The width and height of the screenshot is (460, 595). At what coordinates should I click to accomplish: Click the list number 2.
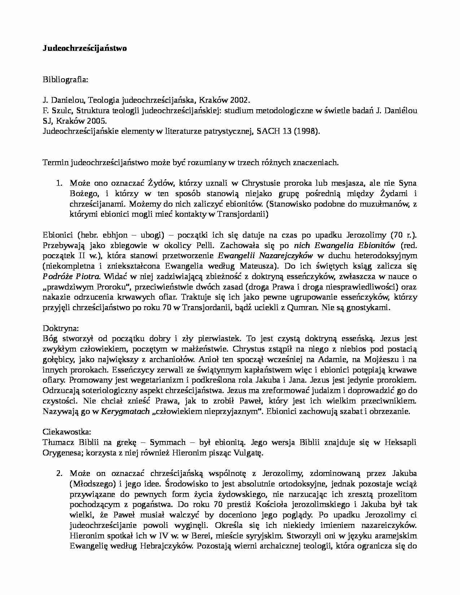point(59,473)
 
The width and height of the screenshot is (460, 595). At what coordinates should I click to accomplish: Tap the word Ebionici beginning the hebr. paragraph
point(57,235)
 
